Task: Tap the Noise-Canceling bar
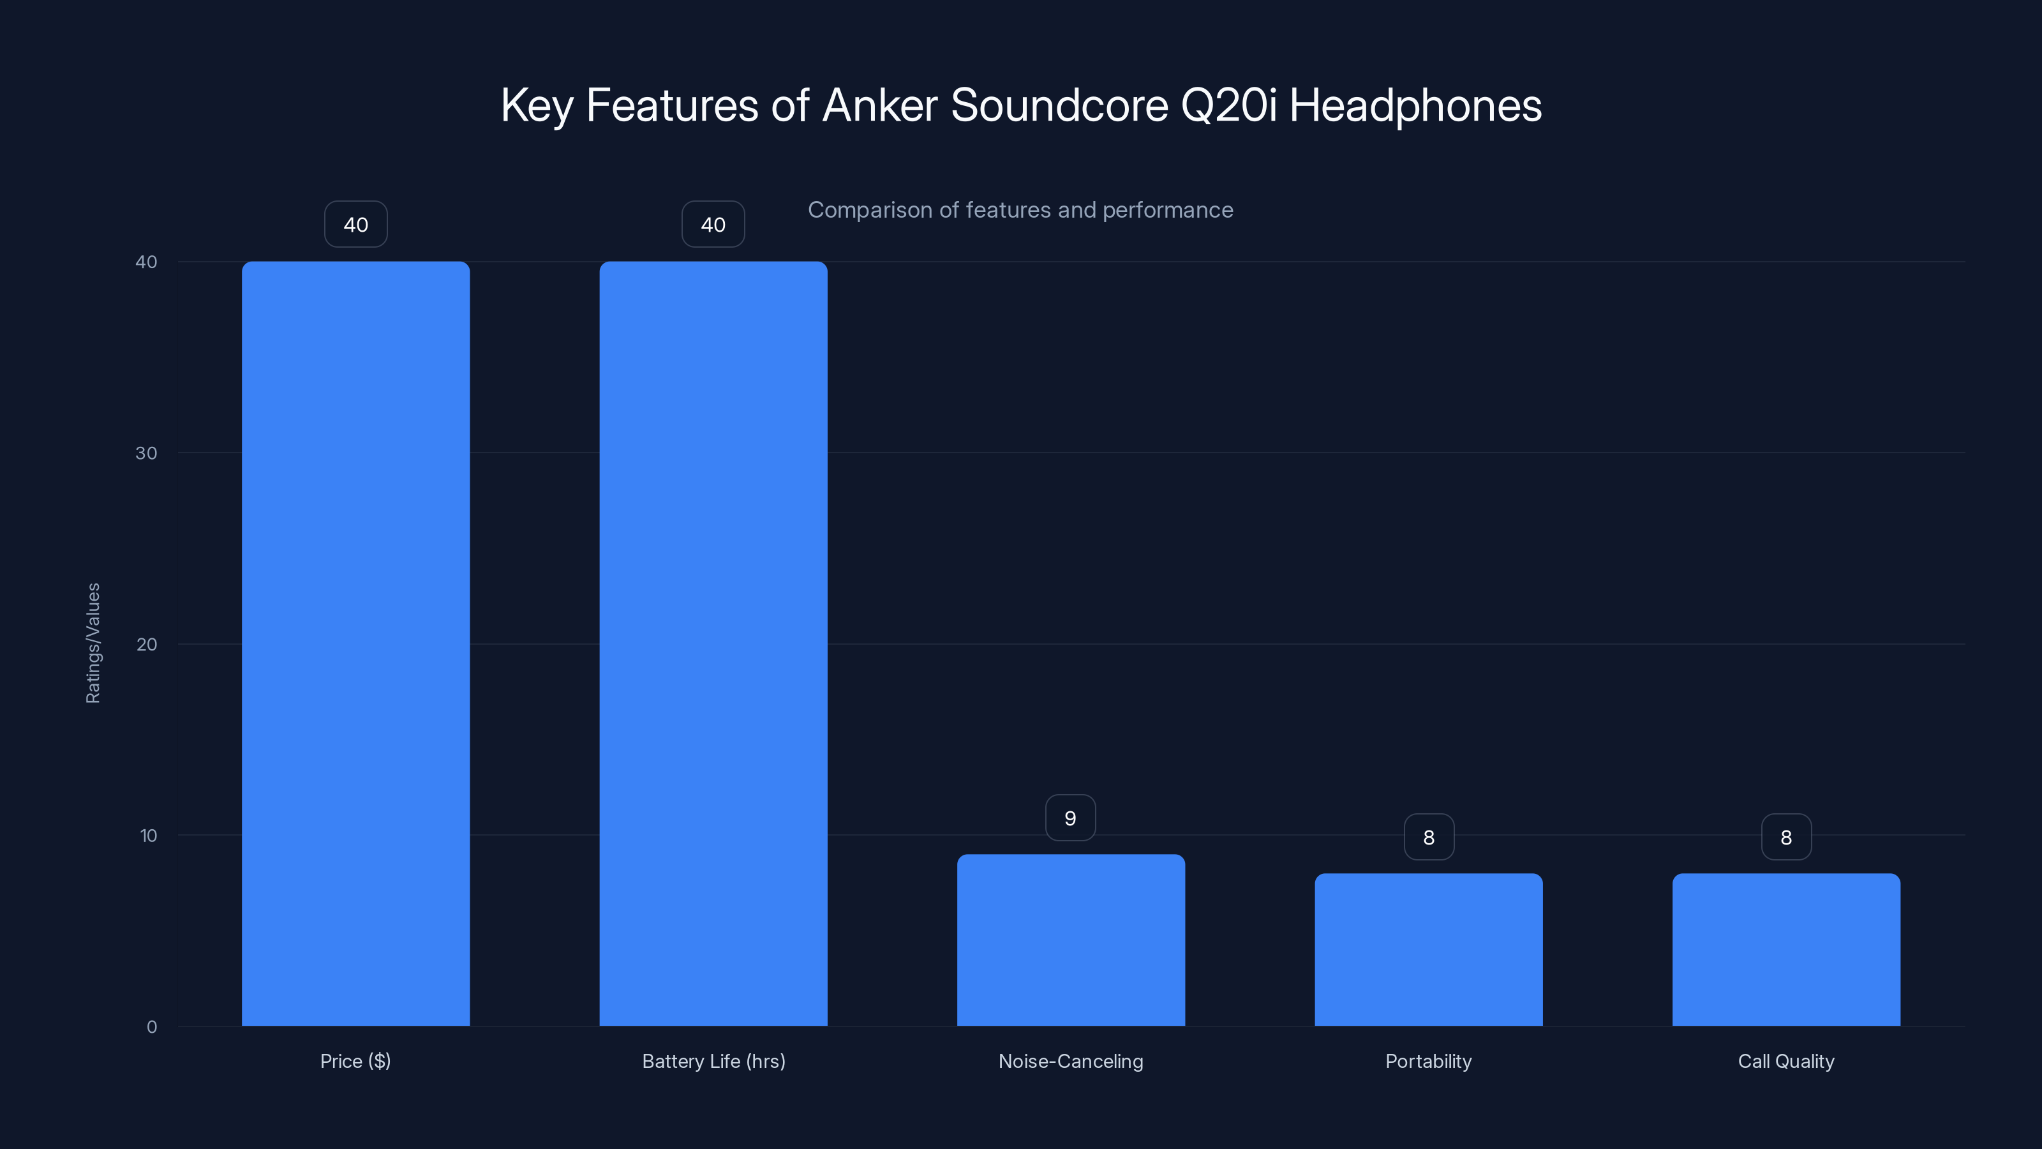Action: [x=1070, y=940]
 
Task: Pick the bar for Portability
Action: [x=1429, y=949]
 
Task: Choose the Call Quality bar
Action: [x=1786, y=949]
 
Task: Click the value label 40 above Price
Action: [x=355, y=225]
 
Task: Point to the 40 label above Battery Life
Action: [x=713, y=225]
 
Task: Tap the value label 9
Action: [x=1070, y=818]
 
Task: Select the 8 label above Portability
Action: [x=1429, y=837]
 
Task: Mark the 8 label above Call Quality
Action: [x=1786, y=837]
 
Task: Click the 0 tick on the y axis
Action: [x=151, y=1027]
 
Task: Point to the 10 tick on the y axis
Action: [x=148, y=835]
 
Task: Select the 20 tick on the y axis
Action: [x=147, y=644]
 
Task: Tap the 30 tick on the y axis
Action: [x=147, y=453]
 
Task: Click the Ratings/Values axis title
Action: [x=93, y=643]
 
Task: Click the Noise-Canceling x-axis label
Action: [x=1070, y=1061]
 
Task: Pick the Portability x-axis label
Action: [x=1429, y=1061]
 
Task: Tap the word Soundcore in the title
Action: [x=1059, y=105]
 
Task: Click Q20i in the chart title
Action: [x=1228, y=105]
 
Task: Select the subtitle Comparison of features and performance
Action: [x=1020, y=210]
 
